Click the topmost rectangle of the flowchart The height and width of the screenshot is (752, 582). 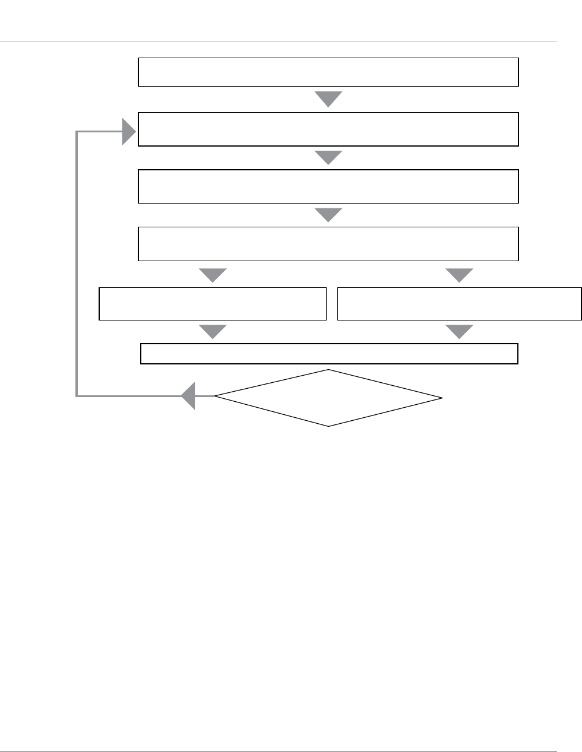click(328, 72)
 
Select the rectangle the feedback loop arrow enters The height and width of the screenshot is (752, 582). click(328, 129)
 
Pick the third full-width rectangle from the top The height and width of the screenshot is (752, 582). click(328, 186)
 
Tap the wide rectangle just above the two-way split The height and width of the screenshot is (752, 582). click(328, 243)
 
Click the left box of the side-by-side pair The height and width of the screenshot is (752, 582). click(213, 304)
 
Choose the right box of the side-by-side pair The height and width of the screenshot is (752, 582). click(459, 304)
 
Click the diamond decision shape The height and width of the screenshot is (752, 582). click(328, 398)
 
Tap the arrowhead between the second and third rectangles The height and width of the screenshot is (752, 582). click(328, 157)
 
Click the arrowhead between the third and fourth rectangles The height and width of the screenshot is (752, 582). click(328, 214)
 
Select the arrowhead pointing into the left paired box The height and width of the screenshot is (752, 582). click(213, 275)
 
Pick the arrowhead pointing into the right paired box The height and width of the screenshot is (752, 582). click(459, 275)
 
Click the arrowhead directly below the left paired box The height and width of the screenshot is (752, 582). click(213, 331)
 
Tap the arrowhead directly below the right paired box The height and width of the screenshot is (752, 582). click(459, 331)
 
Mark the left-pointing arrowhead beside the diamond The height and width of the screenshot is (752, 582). click(189, 396)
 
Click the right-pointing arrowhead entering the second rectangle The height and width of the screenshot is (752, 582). click(129, 131)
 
